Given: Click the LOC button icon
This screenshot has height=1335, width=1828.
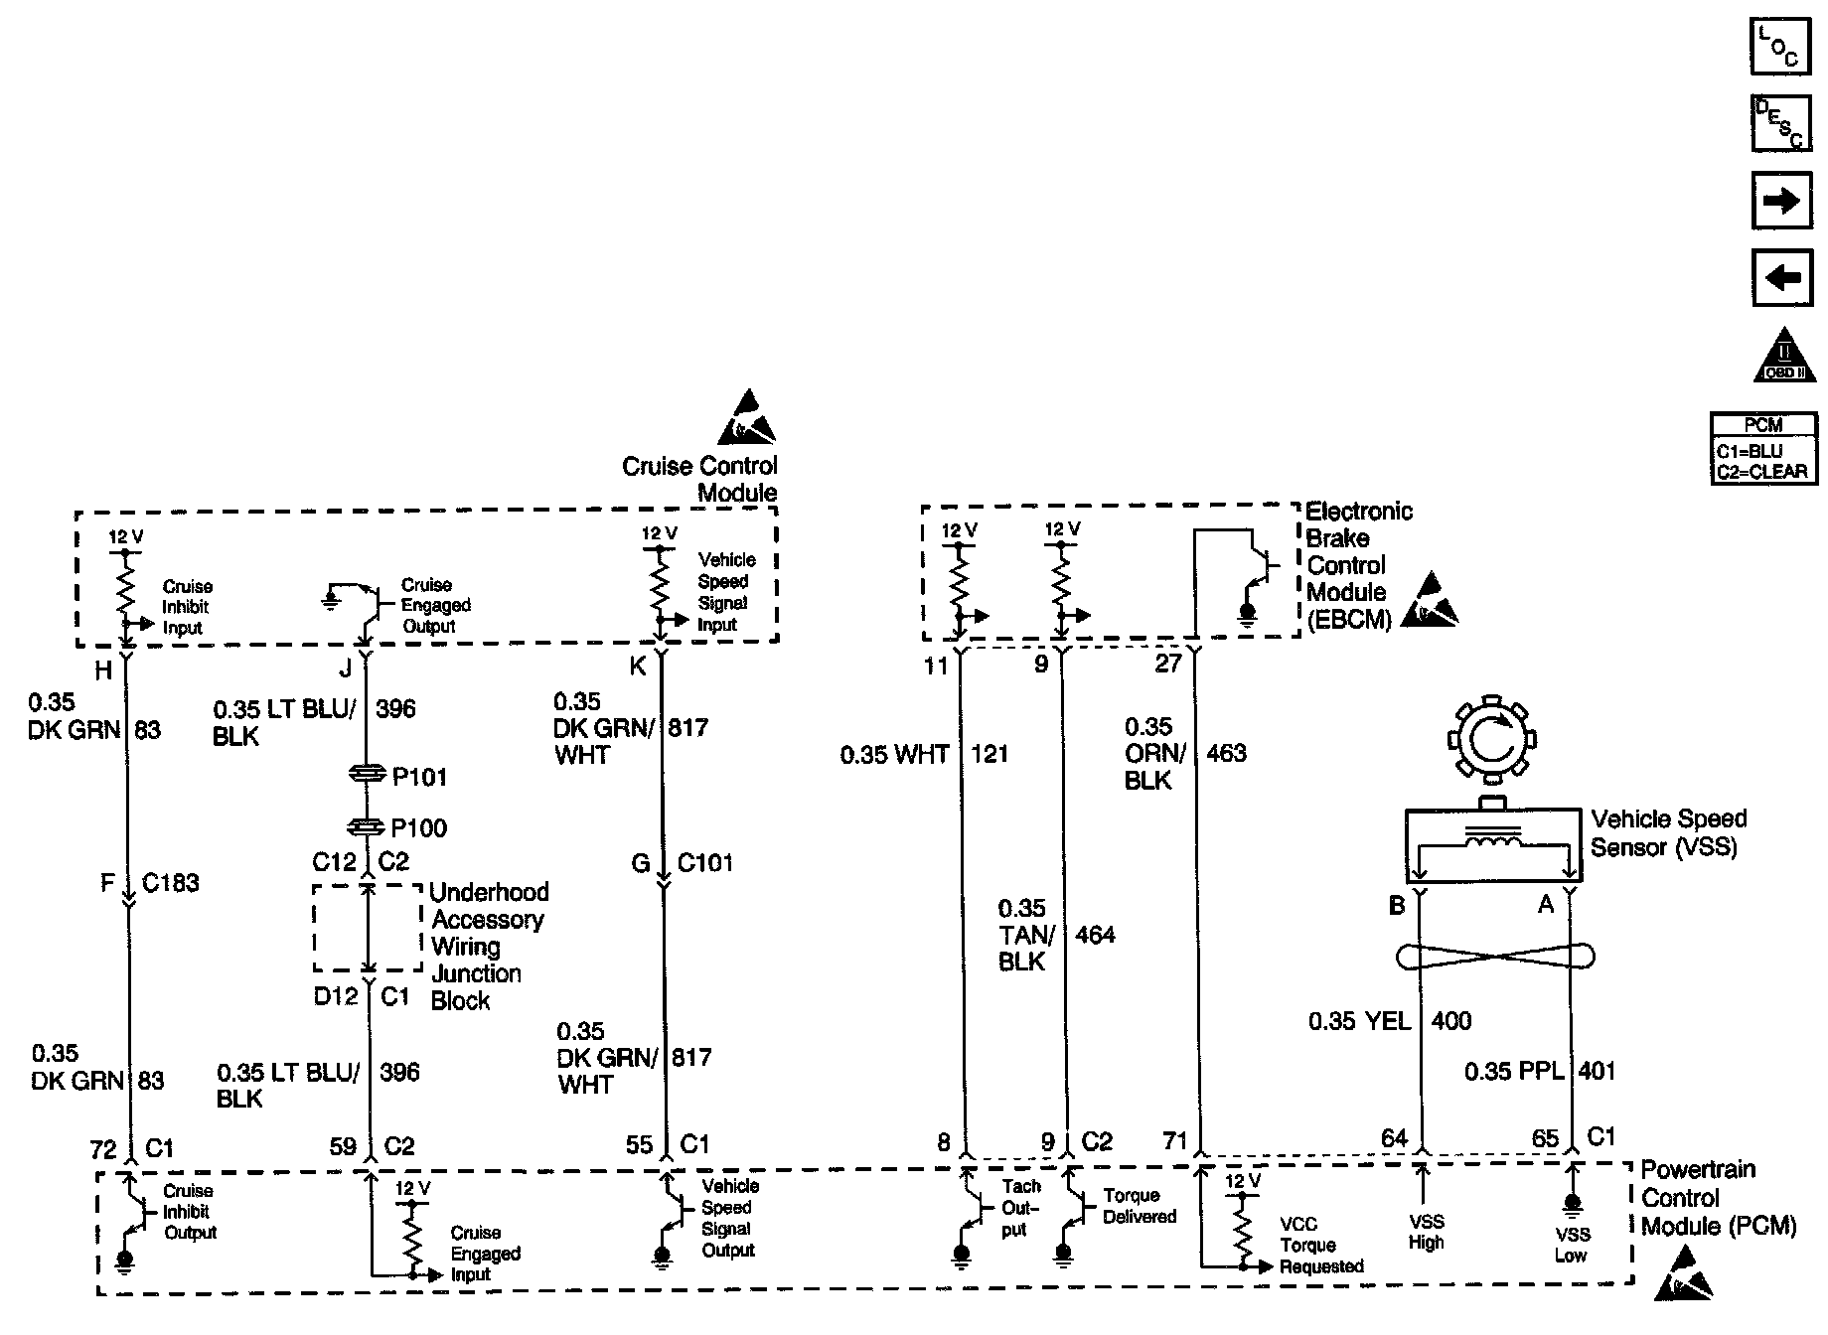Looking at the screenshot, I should pos(1779,46).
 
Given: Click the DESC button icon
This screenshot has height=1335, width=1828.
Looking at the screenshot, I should pos(1779,123).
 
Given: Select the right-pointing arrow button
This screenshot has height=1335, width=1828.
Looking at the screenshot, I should pos(1779,202).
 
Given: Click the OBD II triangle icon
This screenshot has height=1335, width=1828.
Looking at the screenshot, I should pos(1783,357).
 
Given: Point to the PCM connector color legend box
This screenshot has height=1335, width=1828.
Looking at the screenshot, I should pos(1763,449).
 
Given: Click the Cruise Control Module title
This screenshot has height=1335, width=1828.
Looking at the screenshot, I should pos(699,479).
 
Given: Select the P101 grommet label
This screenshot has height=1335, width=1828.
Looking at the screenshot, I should pos(419,777).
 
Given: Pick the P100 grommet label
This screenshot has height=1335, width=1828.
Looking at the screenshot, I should pos(419,827).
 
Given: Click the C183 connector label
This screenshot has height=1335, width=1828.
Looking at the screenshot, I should pos(171,882).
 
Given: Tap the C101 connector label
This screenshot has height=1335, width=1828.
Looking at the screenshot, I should pos(704,862).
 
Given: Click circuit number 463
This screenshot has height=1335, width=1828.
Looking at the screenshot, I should pos(1226,753).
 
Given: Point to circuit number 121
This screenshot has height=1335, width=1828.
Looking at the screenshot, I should pos(990,754).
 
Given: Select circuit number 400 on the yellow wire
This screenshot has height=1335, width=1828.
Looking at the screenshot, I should pos(1450,1020).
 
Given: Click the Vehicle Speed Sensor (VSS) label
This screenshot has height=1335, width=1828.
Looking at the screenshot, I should pos(1668,832).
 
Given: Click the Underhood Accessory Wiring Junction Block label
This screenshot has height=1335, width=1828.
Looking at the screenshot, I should pos(488,946).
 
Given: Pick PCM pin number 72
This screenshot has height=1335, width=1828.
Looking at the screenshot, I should pos(103,1149).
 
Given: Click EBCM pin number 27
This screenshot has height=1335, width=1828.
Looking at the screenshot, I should pos(1168,663).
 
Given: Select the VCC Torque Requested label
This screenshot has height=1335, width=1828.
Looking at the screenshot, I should pos(1320,1245).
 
